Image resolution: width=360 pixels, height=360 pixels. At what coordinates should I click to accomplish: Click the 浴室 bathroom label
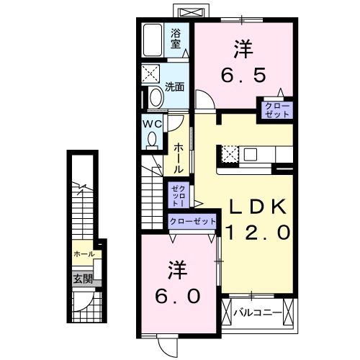point(176,37)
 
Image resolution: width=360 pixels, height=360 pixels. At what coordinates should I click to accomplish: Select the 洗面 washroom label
point(175,86)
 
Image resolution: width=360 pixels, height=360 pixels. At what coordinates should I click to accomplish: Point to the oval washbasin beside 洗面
point(155,97)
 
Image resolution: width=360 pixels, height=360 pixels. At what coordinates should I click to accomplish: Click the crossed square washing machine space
point(152,73)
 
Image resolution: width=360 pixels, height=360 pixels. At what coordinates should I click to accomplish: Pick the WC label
point(151,124)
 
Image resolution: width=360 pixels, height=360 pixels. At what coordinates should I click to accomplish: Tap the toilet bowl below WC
point(151,141)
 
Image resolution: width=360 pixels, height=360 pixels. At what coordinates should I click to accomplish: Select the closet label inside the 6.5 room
point(276,111)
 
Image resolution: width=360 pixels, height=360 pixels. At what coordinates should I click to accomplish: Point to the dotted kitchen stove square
point(229,154)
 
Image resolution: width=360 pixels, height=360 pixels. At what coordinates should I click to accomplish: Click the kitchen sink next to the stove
point(251,154)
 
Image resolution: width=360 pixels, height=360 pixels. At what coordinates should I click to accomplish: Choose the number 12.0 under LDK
point(258,232)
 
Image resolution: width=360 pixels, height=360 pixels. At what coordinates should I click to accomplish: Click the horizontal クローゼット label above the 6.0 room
point(192,222)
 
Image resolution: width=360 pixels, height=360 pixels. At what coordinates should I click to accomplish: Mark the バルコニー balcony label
point(257,313)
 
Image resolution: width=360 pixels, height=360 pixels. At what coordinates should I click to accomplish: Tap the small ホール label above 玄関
point(83,254)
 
